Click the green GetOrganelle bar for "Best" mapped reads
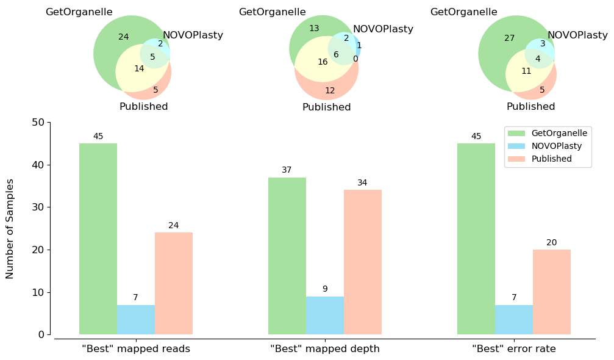point(98,239)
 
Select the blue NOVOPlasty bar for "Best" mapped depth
point(325,315)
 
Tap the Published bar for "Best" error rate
point(552,292)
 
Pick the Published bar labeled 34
point(363,262)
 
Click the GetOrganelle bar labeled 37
point(287,256)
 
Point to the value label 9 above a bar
point(325,289)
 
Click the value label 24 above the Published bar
point(174,226)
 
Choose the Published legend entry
point(551,159)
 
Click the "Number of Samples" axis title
point(10,229)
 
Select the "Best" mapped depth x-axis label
point(325,349)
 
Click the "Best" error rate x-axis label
point(514,349)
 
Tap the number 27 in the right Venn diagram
point(510,38)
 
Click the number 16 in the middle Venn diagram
point(323,62)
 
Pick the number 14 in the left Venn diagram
point(139,68)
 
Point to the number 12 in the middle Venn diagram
point(330,90)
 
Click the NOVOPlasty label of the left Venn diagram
point(193,35)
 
